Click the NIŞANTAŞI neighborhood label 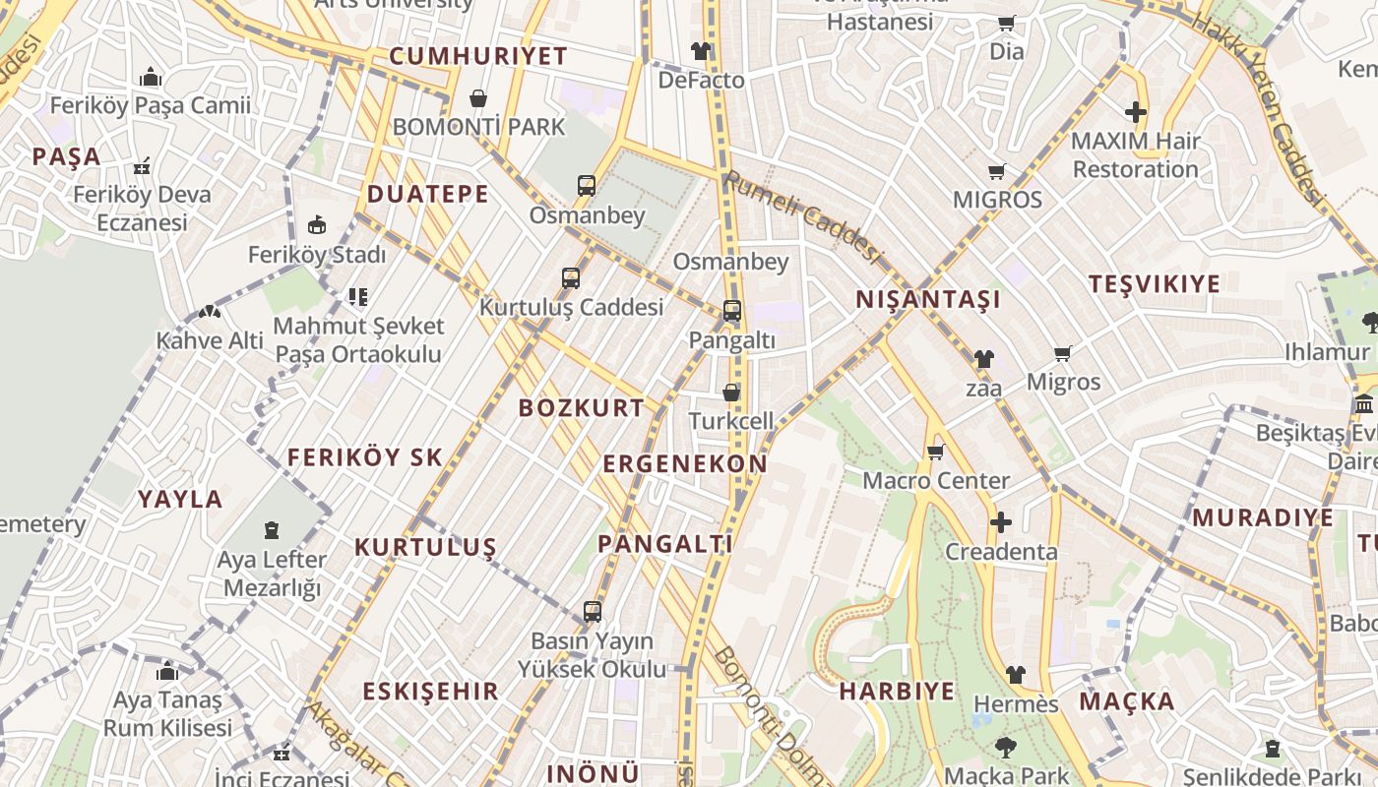click(x=927, y=299)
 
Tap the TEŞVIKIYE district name click(x=1154, y=284)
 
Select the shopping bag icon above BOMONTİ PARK click(x=478, y=98)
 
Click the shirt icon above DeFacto click(x=700, y=50)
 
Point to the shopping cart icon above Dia click(x=1006, y=23)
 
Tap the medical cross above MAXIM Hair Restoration click(x=1136, y=112)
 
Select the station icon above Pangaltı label click(x=731, y=311)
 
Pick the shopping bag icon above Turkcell click(x=730, y=392)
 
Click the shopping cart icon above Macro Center click(x=935, y=452)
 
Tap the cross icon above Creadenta click(x=1000, y=521)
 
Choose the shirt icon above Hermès click(x=1015, y=675)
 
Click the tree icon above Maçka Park click(x=1006, y=747)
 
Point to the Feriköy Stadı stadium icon click(x=317, y=225)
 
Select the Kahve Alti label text click(x=210, y=340)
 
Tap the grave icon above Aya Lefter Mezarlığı click(x=272, y=530)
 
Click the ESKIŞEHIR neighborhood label click(x=430, y=691)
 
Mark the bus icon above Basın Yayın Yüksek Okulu click(x=592, y=611)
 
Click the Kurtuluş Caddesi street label click(x=571, y=307)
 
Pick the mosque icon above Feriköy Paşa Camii click(x=150, y=76)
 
